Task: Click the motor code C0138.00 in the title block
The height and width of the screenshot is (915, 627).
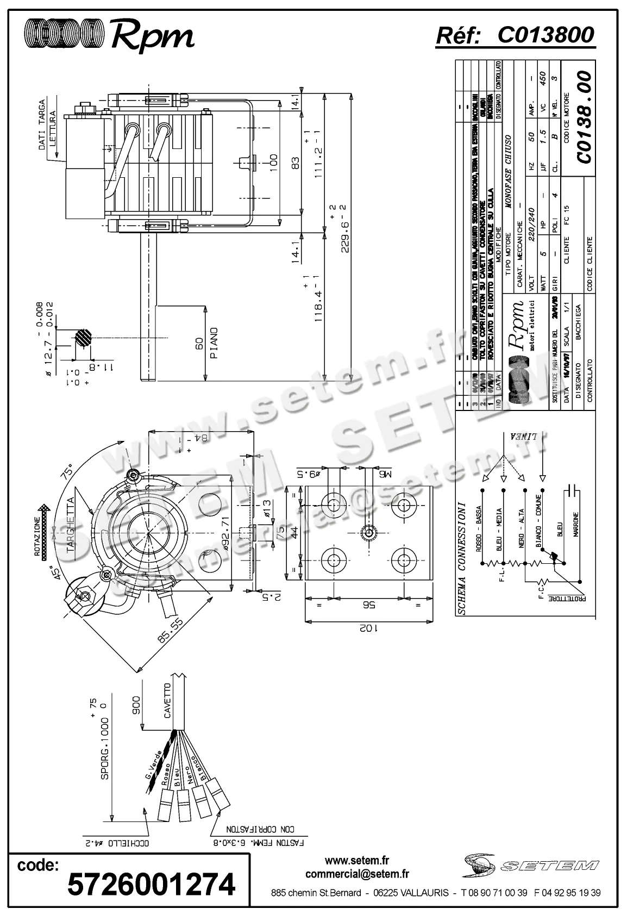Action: (583, 116)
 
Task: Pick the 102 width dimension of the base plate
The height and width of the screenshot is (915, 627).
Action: (369, 628)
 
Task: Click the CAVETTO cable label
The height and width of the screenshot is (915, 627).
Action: (167, 701)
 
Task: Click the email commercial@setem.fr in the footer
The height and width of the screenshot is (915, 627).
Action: (357, 874)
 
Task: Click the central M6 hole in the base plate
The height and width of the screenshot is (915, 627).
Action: (368, 532)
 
